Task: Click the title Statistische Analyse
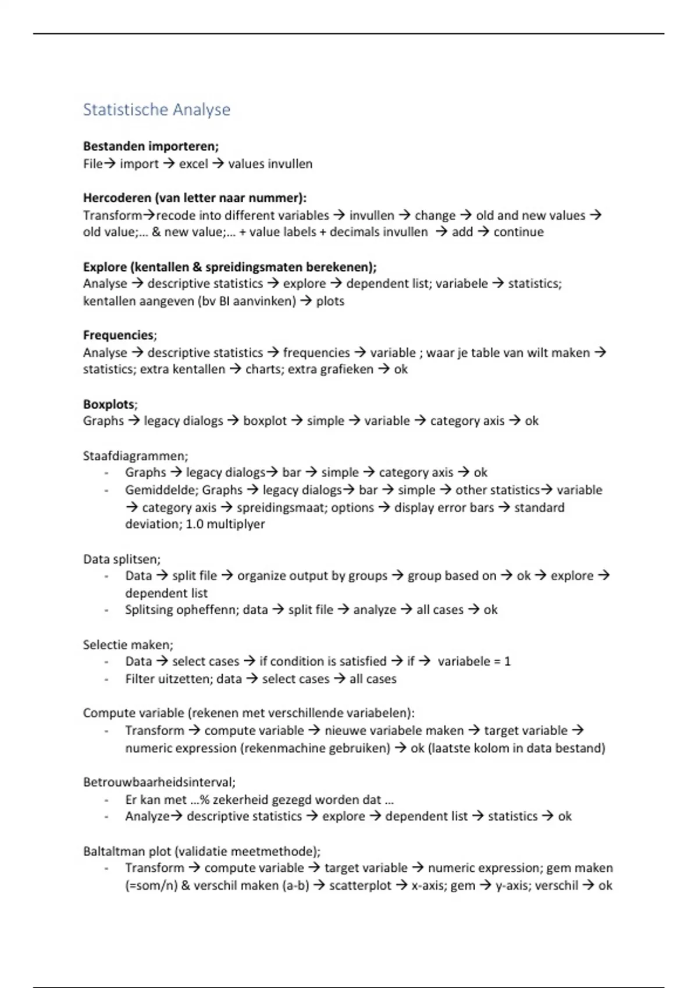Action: tap(156, 109)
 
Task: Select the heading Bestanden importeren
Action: tap(151, 146)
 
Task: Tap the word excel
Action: tap(193, 164)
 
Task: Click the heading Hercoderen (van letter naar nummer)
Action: tap(194, 198)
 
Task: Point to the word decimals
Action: tap(353, 232)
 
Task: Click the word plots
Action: tap(330, 301)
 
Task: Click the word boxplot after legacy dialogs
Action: tap(265, 421)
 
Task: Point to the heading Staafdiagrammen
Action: tap(135, 456)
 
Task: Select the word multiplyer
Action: tap(236, 524)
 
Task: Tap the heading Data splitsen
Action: tap(121, 559)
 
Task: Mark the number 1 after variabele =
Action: tap(507, 661)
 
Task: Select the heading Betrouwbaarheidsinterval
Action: tap(158, 782)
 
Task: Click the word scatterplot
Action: tap(360, 886)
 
